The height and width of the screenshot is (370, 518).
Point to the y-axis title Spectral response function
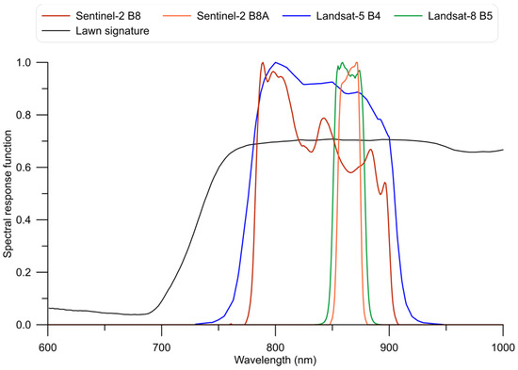click(x=8, y=193)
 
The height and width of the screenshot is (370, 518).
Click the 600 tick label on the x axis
click(x=49, y=343)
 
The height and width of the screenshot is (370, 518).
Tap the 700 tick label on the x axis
click(x=162, y=343)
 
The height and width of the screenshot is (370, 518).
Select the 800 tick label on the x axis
click(x=275, y=343)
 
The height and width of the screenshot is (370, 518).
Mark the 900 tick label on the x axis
click(x=389, y=343)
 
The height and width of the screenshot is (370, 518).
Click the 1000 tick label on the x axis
click(x=501, y=343)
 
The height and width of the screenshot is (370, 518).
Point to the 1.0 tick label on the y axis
click(x=30, y=62)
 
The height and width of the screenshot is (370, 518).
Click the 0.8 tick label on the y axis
click(x=30, y=115)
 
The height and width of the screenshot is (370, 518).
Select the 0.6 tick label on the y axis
click(x=30, y=168)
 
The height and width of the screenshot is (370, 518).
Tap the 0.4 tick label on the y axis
click(x=30, y=219)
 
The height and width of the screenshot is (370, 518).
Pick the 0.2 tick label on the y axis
click(x=30, y=272)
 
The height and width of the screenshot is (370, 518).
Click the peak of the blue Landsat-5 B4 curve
click(x=275, y=63)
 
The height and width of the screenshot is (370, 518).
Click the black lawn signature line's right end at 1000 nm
click(x=503, y=150)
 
